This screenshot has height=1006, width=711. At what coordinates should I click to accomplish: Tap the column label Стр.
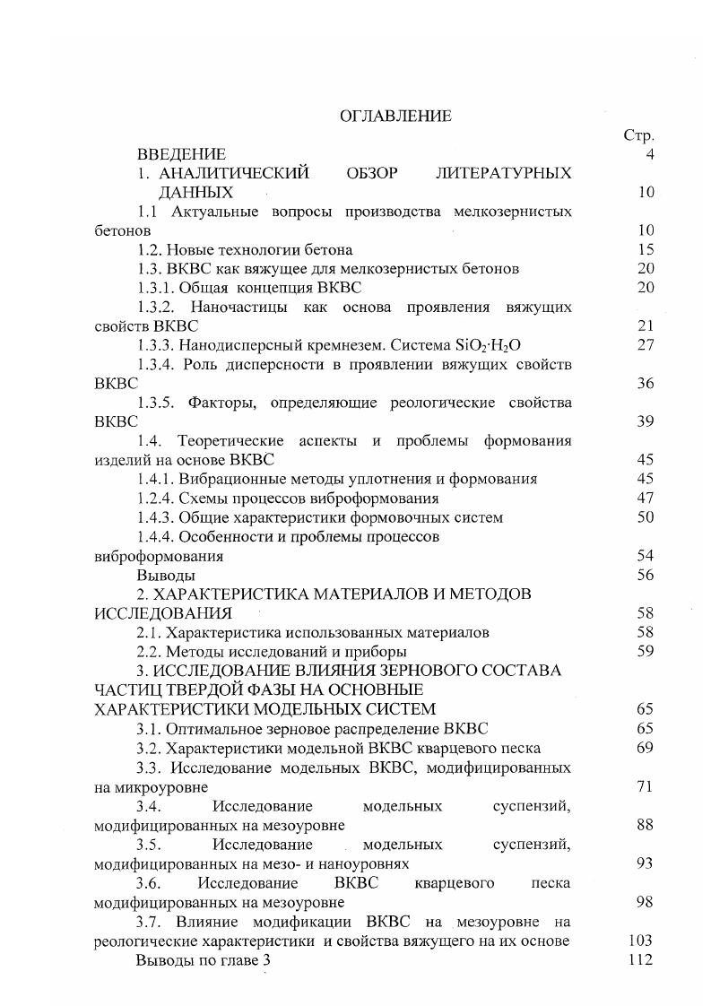[x=638, y=136]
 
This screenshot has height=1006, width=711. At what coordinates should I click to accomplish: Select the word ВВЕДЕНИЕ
[x=181, y=155]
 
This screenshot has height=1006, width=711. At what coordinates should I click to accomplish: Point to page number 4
[x=649, y=155]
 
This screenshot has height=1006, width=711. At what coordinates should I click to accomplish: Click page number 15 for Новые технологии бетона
[x=645, y=249]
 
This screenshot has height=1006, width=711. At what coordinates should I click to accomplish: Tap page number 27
[x=645, y=345]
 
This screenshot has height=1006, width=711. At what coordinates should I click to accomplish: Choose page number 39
[x=645, y=421]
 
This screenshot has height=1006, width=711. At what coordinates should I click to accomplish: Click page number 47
[x=645, y=499]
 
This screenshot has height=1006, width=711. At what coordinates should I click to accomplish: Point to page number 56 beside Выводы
[x=645, y=576]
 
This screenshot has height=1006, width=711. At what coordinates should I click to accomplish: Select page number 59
[x=645, y=652]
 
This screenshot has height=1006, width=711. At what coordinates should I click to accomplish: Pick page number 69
[x=645, y=748]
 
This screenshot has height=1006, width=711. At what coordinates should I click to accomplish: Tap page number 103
[x=641, y=941]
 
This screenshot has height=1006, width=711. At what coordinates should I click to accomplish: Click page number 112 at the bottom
[x=641, y=960]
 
